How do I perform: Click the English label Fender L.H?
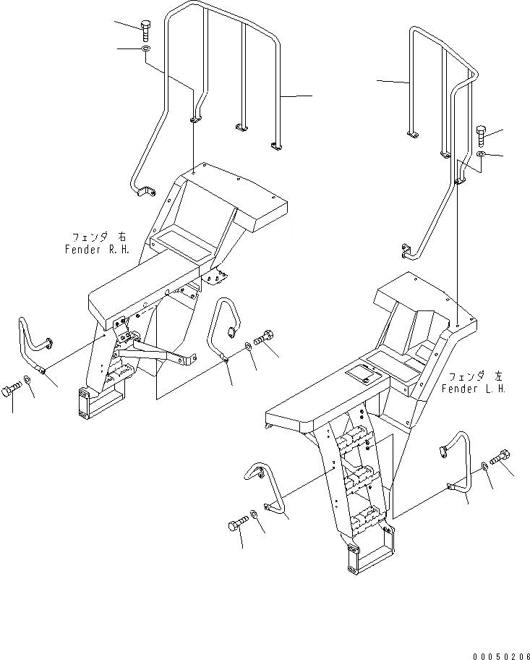point(474,389)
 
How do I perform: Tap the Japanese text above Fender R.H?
point(98,237)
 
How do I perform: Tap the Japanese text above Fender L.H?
point(475,376)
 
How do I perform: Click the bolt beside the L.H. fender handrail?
point(482,136)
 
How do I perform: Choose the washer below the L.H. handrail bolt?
point(482,154)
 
